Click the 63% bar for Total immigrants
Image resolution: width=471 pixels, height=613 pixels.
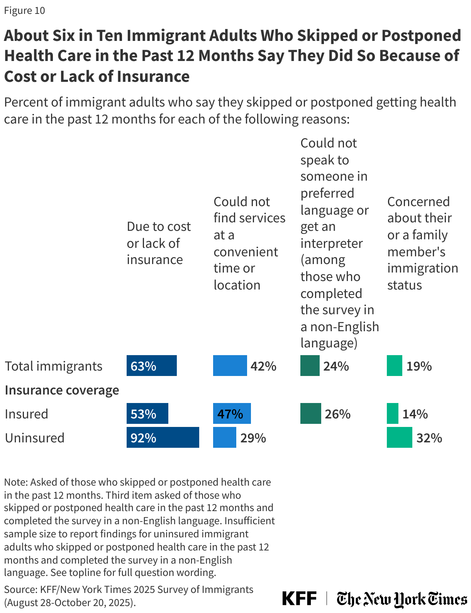[151, 366]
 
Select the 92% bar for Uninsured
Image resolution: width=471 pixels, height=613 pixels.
[163, 437]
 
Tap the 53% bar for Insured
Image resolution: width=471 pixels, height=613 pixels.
[147, 413]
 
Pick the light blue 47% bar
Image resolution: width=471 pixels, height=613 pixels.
[232, 413]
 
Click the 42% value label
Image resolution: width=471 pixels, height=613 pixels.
[263, 366]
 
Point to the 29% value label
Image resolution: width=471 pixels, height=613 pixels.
[253, 438]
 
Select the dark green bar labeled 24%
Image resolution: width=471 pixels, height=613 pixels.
[310, 366]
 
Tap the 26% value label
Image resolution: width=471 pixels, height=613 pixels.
[337, 414]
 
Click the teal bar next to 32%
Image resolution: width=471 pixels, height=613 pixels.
[399, 437]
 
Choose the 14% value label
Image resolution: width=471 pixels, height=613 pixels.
[415, 414]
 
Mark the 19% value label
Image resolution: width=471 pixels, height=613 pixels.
[419, 366]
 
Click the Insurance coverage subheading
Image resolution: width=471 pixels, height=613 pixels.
[62, 390]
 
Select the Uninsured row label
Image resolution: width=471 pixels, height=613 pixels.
[35, 438]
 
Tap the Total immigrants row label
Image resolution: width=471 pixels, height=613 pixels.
[54, 366]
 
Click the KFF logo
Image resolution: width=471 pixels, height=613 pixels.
[299, 598]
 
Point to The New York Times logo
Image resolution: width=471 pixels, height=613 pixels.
[402, 599]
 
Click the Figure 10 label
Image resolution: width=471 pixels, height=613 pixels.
[24, 10]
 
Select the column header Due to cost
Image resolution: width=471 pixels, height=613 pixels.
[159, 227]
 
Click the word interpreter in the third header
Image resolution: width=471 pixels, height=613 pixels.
[331, 243]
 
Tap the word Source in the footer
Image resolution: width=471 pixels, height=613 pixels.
[19, 589]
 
